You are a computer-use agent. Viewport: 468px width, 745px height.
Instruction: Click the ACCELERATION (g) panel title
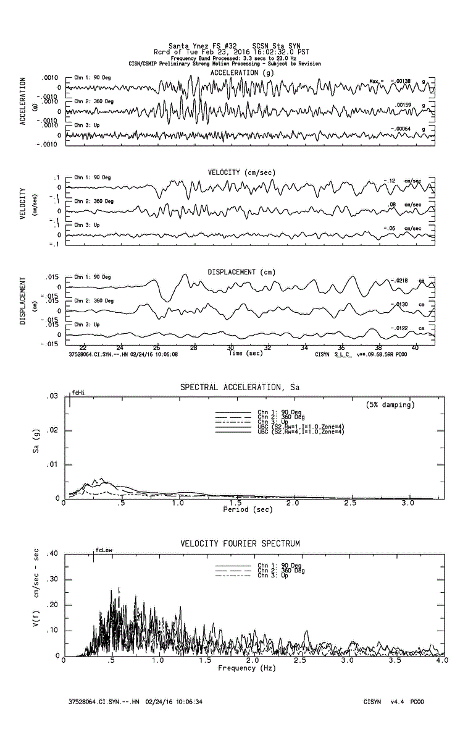(242, 72)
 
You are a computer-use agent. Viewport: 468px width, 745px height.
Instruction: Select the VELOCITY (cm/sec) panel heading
(241, 172)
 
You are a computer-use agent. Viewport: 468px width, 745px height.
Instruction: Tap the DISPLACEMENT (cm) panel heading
(241, 272)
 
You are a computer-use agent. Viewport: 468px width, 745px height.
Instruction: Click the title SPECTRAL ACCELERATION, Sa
(240, 387)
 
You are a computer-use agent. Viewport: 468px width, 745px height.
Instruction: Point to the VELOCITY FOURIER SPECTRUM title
(240, 543)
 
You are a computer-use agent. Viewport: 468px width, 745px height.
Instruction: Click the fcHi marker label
(78, 393)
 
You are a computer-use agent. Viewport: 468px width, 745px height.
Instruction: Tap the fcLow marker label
(104, 550)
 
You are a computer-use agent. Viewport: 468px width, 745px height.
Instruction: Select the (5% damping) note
(390, 405)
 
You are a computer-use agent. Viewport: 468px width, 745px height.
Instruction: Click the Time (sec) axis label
(245, 353)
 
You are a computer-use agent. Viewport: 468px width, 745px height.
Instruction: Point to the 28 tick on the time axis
(194, 347)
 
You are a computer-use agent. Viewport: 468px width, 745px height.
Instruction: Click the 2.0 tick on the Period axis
(293, 504)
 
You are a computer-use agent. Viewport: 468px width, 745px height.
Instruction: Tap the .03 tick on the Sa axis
(54, 396)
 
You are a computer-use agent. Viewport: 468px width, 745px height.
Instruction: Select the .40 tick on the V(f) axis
(52, 554)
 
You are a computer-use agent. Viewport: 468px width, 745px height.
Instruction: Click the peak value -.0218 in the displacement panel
(400, 281)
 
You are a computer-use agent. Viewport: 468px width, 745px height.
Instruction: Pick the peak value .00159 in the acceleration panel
(402, 105)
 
